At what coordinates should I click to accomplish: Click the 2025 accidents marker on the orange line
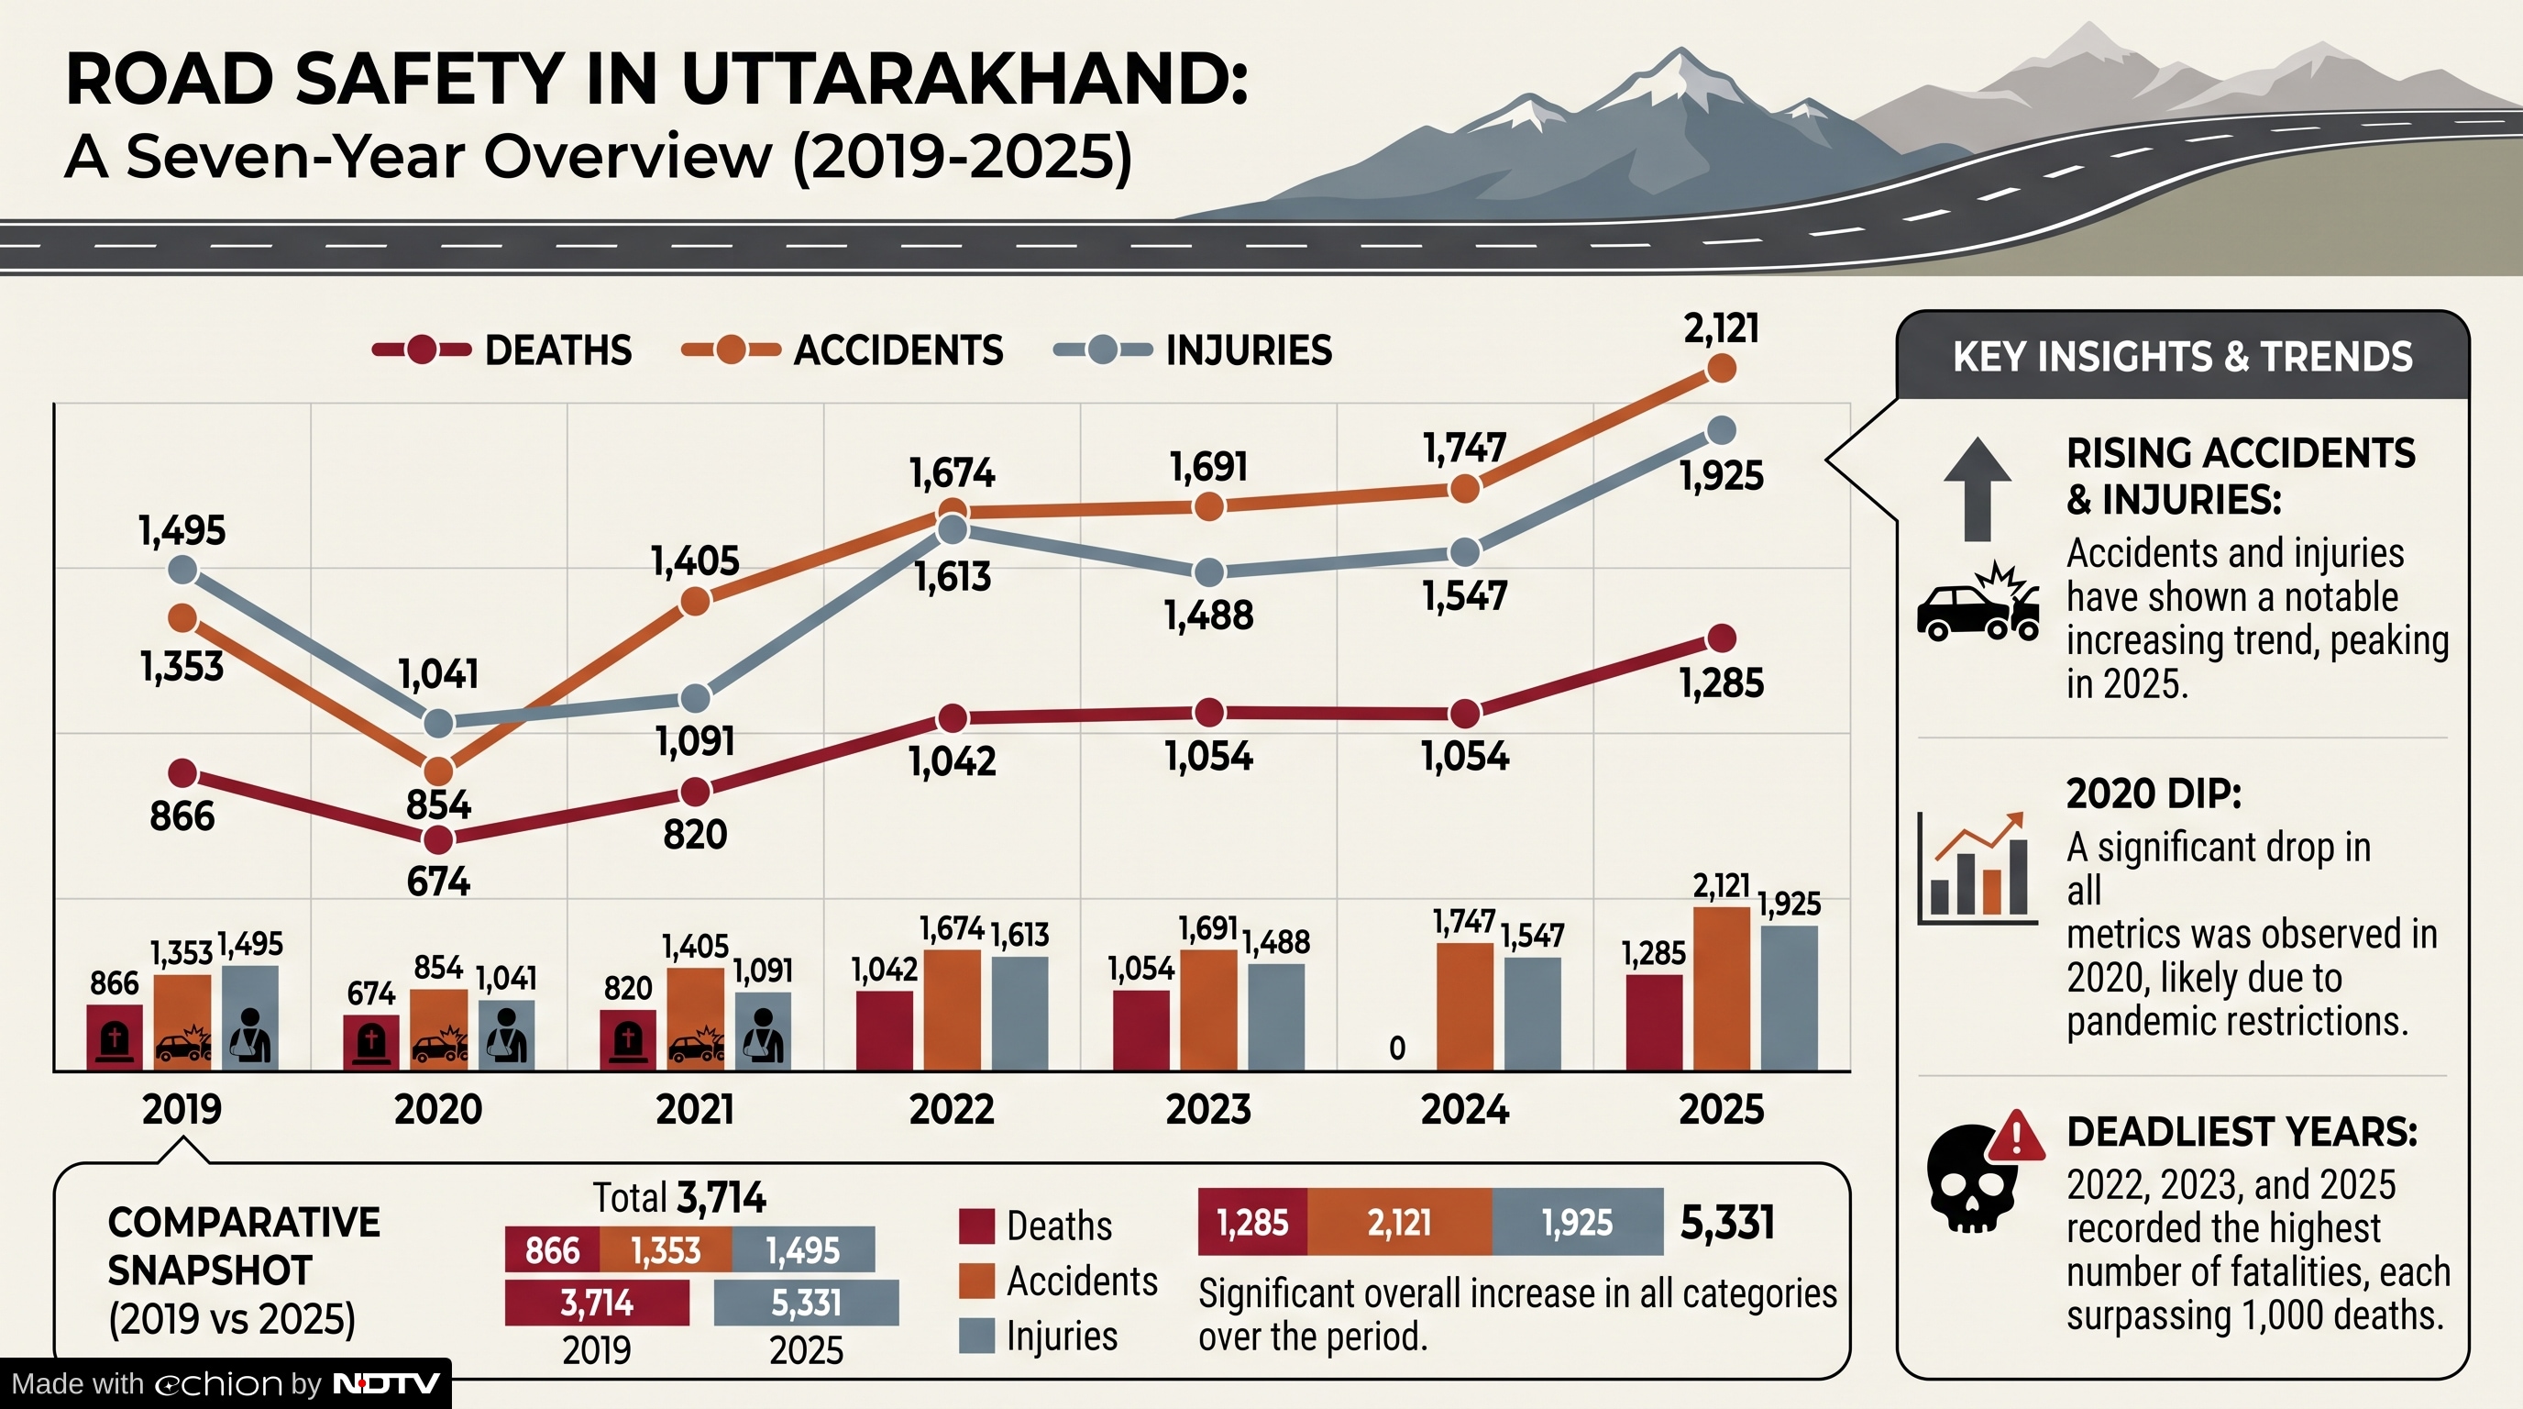(x=1721, y=369)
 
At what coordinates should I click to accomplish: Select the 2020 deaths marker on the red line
(x=438, y=839)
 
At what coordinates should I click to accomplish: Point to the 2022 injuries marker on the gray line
(x=952, y=530)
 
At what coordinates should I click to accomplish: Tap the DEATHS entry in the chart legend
(x=501, y=349)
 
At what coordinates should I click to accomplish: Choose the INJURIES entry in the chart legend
(x=1192, y=349)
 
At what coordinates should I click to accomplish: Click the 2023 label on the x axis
(x=1207, y=1109)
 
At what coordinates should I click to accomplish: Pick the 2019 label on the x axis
(x=182, y=1109)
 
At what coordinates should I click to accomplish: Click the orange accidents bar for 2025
(x=1721, y=989)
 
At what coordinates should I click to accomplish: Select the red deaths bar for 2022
(x=885, y=1030)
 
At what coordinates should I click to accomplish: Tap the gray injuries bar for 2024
(x=1533, y=1013)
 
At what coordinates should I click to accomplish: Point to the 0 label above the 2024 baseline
(x=1397, y=1048)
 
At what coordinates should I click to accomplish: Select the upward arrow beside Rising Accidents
(x=1978, y=489)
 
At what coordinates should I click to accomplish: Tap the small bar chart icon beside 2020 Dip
(x=1977, y=867)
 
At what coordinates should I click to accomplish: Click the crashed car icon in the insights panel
(x=1978, y=602)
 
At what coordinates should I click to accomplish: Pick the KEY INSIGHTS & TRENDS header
(x=2182, y=356)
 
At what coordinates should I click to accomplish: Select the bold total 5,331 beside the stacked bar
(x=1726, y=1222)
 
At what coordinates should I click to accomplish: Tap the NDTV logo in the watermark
(x=387, y=1383)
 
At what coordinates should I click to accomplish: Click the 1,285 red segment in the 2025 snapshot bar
(x=1252, y=1222)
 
